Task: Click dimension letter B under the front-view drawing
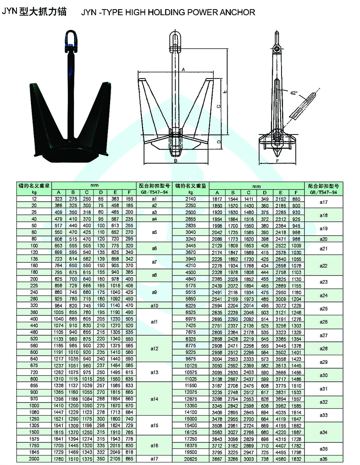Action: pos(176,160)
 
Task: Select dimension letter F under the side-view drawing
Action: pos(277,160)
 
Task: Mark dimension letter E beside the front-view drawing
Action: pos(225,92)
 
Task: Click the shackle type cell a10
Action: pos(154,306)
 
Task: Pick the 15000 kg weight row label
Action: pos(191,419)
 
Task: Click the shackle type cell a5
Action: pos(154,232)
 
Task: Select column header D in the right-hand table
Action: pos(265,192)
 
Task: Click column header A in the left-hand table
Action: pos(59,192)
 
